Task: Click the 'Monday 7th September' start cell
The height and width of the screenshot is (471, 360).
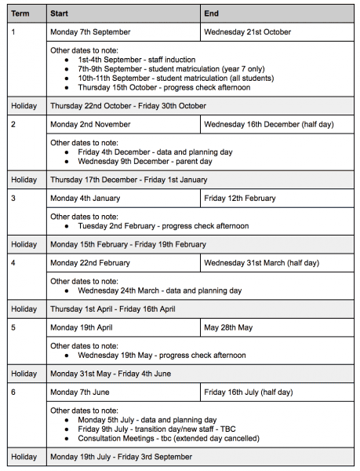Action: (90, 32)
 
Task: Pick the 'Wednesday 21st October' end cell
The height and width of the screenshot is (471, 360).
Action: (247, 32)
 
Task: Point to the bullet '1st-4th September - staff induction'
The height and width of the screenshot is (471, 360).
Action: (147, 60)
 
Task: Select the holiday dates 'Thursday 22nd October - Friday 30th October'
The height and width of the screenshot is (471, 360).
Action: (129, 106)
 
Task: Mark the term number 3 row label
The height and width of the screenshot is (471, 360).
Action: (13, 198)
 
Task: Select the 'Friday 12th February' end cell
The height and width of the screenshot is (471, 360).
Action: (240, 198)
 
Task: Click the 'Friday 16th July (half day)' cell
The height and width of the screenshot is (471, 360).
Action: (248, 392)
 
